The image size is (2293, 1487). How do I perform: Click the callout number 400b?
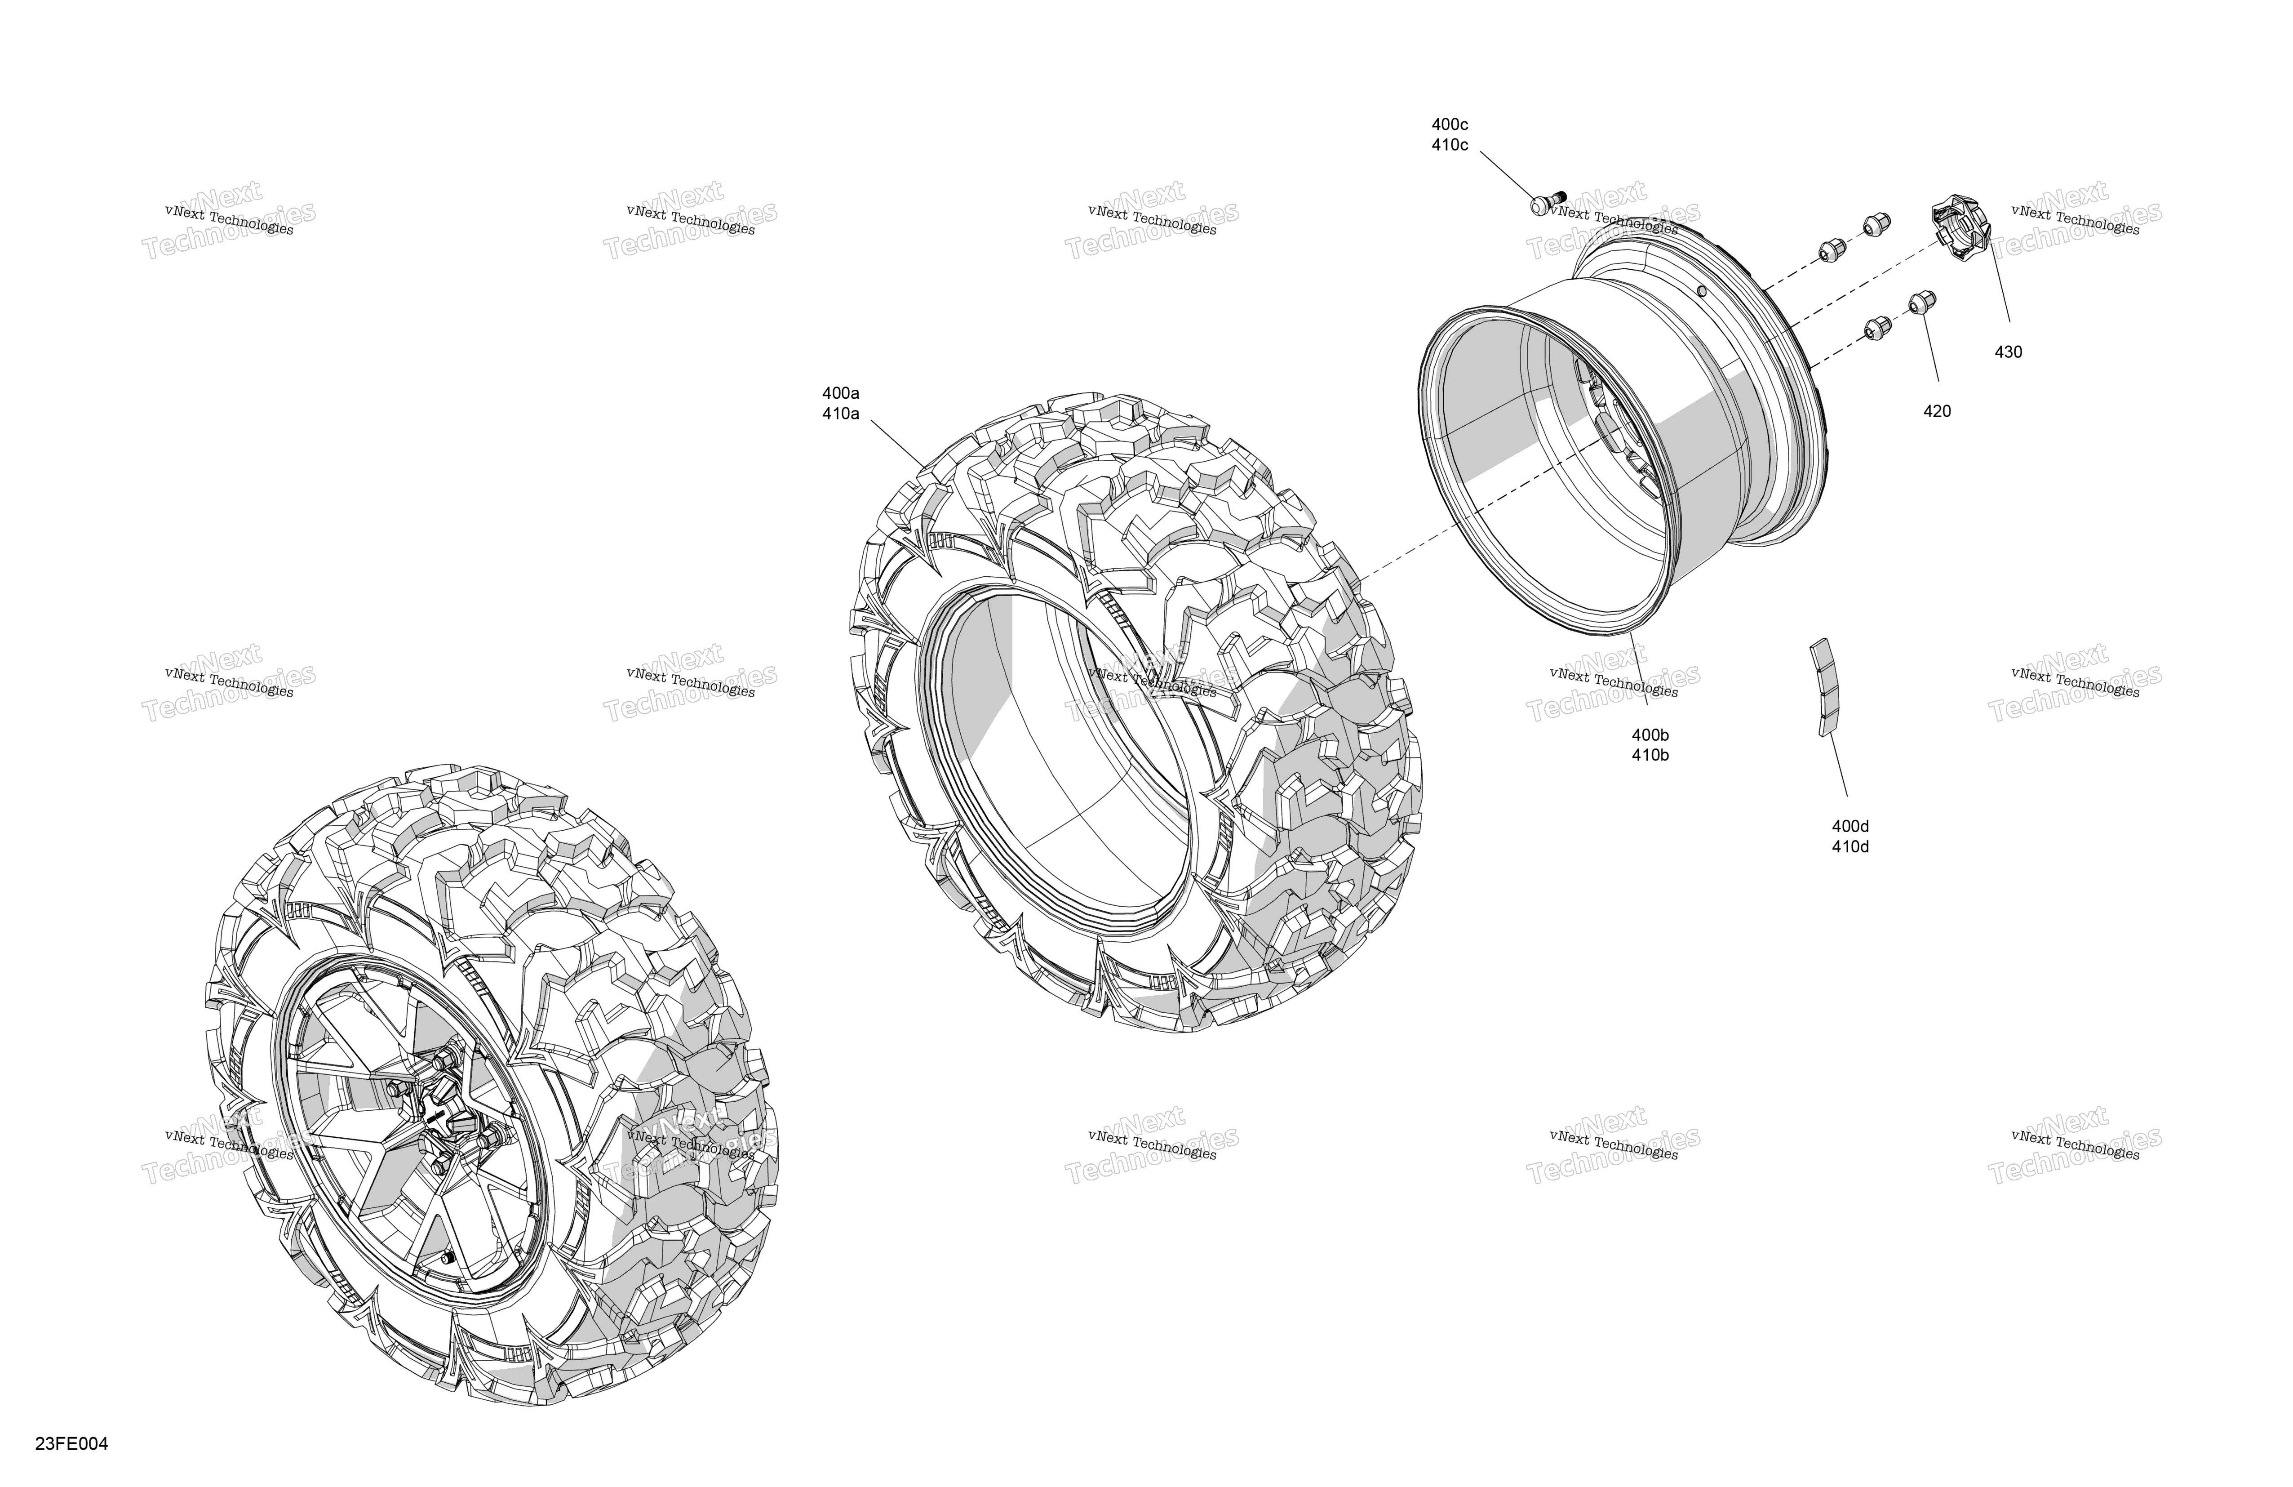coord(1650,735)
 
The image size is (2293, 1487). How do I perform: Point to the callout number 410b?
coord(1650,756)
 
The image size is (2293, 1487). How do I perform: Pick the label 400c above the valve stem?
coord(1450,125)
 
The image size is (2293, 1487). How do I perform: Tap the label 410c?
coord(1450,146)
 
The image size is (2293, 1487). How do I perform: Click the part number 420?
coord(1937,411)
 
